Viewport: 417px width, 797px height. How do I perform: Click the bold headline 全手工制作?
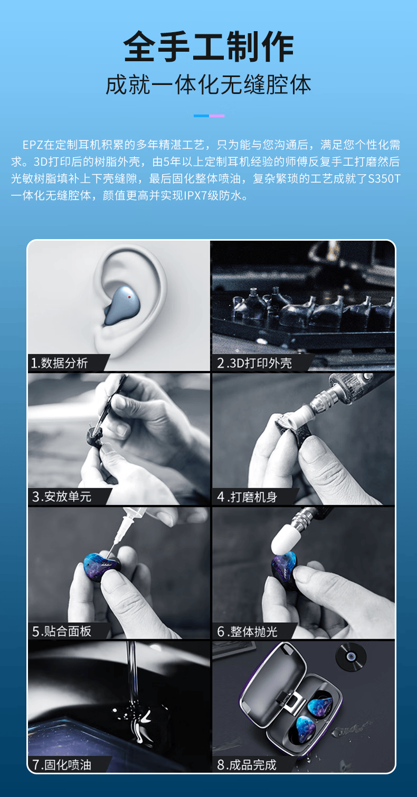coord(209,46)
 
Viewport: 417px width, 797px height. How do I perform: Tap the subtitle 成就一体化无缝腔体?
coord(209,85)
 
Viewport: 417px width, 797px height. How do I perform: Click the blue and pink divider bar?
coord(209,116)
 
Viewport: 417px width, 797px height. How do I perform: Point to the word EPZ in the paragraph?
coord(33,145)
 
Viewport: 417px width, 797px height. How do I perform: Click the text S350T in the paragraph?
coord(384,178)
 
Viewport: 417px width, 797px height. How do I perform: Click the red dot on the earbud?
coord(129,297)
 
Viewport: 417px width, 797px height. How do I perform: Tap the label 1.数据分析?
coord(59,363)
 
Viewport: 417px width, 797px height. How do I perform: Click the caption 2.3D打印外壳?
coord(254,363)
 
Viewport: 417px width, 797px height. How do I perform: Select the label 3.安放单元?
coord(62,496)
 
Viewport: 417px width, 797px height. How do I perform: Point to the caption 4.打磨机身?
coord(247,497)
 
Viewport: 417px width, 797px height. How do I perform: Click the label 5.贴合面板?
coord(62,631)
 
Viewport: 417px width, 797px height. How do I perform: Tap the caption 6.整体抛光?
coord(247,632)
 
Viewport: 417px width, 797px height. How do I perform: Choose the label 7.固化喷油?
coord(62,765)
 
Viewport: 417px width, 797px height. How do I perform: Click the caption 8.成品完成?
coord(247,765)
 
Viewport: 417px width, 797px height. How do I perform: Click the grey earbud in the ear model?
coord(121,306)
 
